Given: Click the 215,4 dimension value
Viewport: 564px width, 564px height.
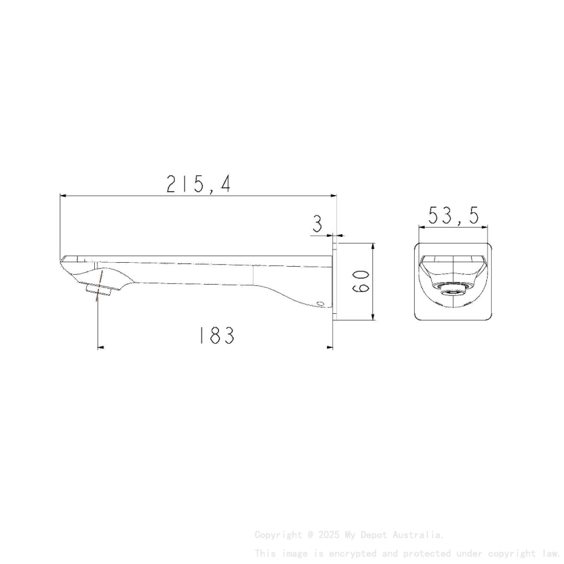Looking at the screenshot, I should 198,184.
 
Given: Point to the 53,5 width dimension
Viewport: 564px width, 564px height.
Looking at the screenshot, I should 454,216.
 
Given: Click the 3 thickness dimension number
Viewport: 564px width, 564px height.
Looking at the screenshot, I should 318,224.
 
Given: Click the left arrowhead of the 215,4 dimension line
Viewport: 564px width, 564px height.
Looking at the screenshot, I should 63,196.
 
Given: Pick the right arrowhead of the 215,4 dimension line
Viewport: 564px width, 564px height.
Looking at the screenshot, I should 333,196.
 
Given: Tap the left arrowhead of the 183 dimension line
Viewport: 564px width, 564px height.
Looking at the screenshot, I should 101,346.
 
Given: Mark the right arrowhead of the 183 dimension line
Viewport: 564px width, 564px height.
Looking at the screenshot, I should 329,346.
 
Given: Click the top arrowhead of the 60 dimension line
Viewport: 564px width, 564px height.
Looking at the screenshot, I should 374,246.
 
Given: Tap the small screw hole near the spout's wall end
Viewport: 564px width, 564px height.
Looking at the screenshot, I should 322,304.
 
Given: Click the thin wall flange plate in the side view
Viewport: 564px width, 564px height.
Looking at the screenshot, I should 334,281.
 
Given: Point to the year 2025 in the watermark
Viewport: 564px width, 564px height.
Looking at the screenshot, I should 328,534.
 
